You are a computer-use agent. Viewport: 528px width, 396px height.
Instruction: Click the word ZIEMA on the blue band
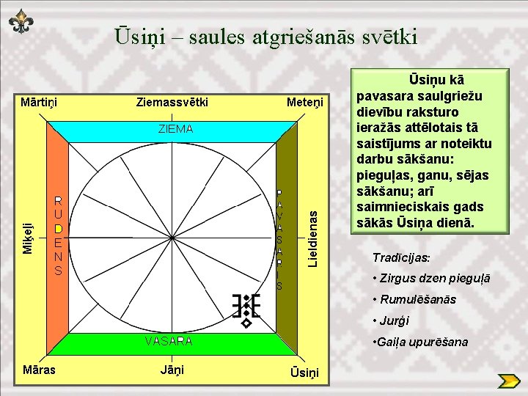175,129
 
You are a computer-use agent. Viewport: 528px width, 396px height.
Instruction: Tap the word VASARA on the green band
169,341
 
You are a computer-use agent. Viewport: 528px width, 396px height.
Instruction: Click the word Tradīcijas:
402,258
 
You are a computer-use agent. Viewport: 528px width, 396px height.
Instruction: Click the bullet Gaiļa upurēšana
420,342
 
